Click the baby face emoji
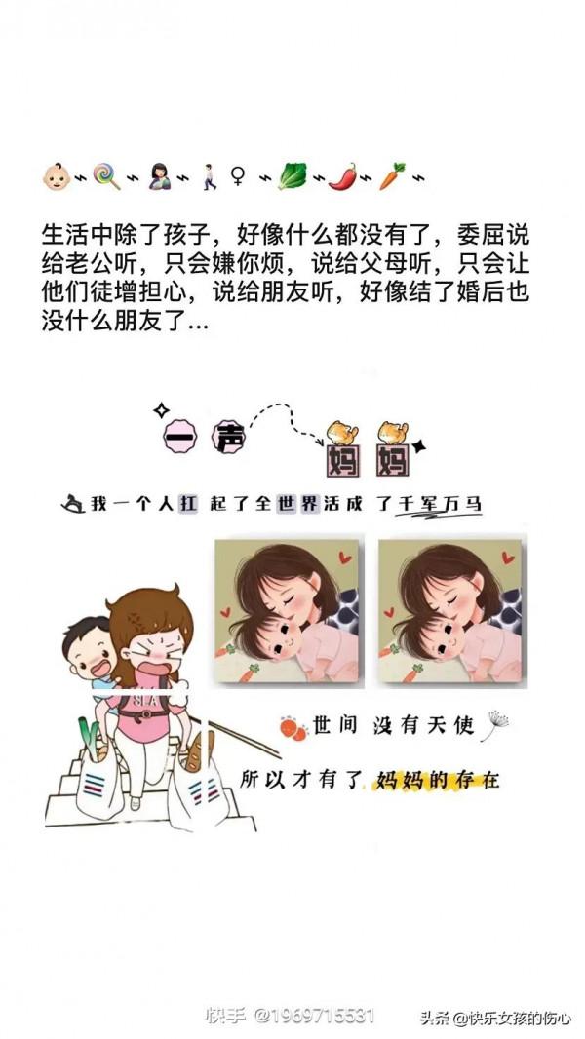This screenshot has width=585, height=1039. (x=56, y=177)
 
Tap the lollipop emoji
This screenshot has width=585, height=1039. (x=105, y=177)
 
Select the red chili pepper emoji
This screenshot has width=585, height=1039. (x=340, y=176)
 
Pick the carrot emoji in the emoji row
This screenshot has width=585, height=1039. (x=392, y=176)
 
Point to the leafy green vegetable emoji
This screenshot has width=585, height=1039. (x=291, y=176)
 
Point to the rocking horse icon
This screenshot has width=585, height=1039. (x=73, y=504)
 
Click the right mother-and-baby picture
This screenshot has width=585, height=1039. (x=452, y=613)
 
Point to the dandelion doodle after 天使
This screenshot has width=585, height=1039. (x=495, y=722)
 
